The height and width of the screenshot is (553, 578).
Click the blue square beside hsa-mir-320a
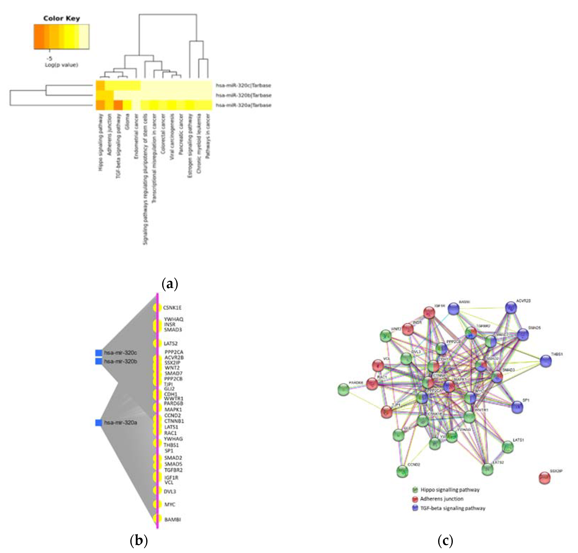click(x=98, y=423)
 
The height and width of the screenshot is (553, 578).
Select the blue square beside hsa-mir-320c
click(x=98, y=353)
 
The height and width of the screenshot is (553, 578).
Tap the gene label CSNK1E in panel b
click(x=172, y=308)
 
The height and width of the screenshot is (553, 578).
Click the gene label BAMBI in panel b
click(x=172, y=519)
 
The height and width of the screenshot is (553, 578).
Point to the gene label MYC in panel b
click(x=170, y=504)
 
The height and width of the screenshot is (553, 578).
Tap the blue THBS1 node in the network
click(x=546, y=361)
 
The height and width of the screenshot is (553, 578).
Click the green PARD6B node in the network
click(x=343, y=389)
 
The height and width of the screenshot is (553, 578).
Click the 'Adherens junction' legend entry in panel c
click(x=441, y=499)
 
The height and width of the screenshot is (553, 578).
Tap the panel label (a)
click(x=170, y=284)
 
